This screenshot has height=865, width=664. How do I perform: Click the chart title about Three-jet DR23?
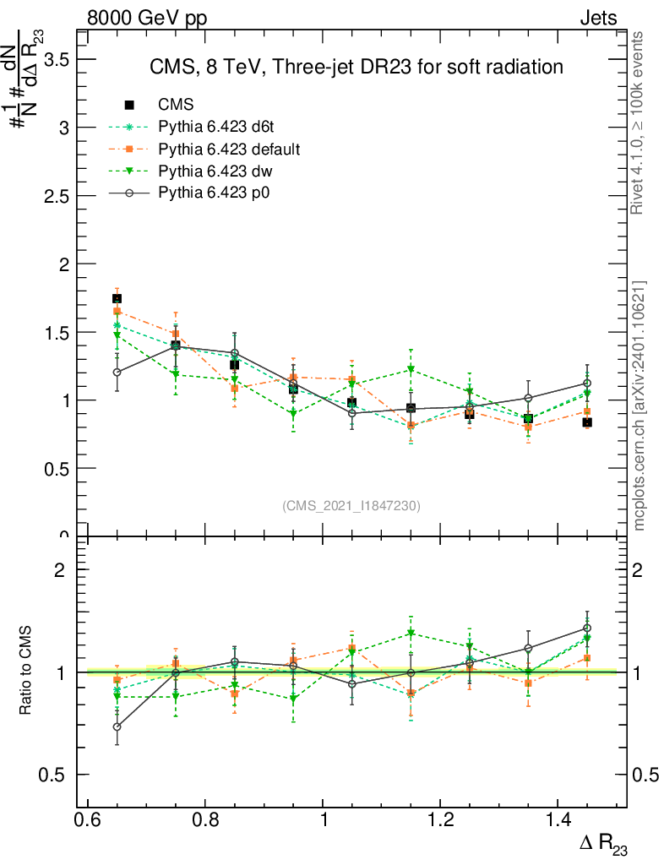(x=356, y=67)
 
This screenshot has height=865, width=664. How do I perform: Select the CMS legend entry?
(x=176, y=105)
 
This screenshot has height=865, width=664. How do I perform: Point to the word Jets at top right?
(x=597, y=18)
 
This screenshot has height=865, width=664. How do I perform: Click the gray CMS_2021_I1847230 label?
(x=351, y=506)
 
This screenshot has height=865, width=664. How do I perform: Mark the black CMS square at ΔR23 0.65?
(x=117, y=298)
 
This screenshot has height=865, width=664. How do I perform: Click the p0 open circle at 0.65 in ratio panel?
(x=117, y=726)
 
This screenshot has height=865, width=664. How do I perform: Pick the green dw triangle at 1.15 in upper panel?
(x=411, y=369)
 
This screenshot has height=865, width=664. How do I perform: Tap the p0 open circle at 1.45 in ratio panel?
(x=587, y=628)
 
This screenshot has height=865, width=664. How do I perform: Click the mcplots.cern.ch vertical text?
(x=640, y=405)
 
